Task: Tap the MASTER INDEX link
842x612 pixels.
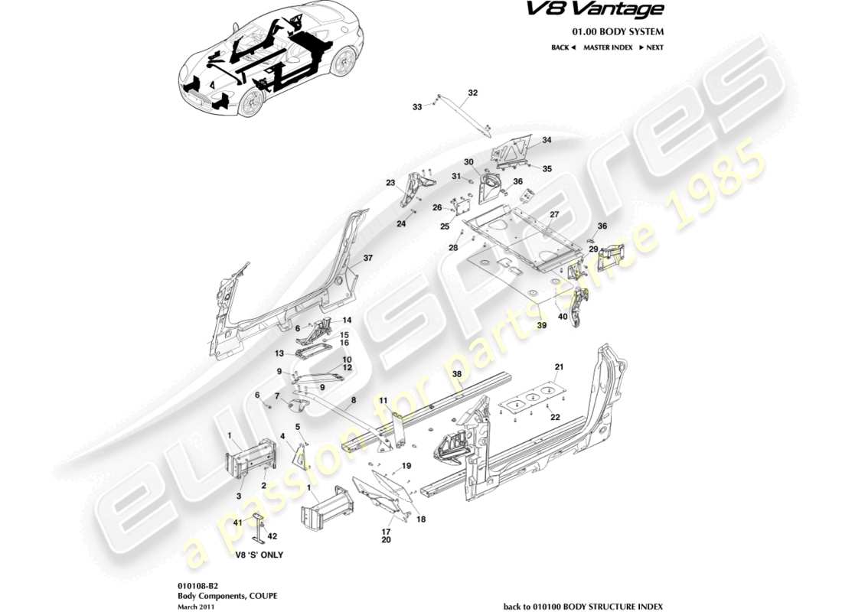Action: click(607, 47)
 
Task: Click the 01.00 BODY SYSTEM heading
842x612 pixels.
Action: click(618, 31)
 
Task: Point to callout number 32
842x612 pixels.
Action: click(472, 93)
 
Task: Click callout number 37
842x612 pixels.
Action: click(367, 259)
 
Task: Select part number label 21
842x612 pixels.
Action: click(559, 367)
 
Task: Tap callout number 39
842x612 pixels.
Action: click(542, 325)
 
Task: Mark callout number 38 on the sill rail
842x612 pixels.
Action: click(457, 374)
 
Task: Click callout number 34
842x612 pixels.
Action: click(547, 141)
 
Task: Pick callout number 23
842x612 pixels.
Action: click(390, 183)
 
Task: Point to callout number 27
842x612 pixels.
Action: click(554, 215)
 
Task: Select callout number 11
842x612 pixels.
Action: click(383, 400)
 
